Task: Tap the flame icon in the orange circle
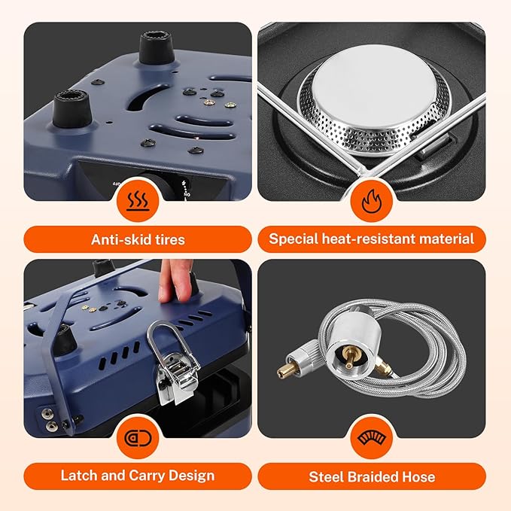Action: click(x=372, y=202)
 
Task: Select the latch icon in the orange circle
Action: click(x=138, y=438)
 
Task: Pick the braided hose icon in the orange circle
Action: click(x=372, y=438)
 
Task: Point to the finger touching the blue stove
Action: click(x=175, y=281)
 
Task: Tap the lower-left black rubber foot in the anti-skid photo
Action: click(x=72, y=108)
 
